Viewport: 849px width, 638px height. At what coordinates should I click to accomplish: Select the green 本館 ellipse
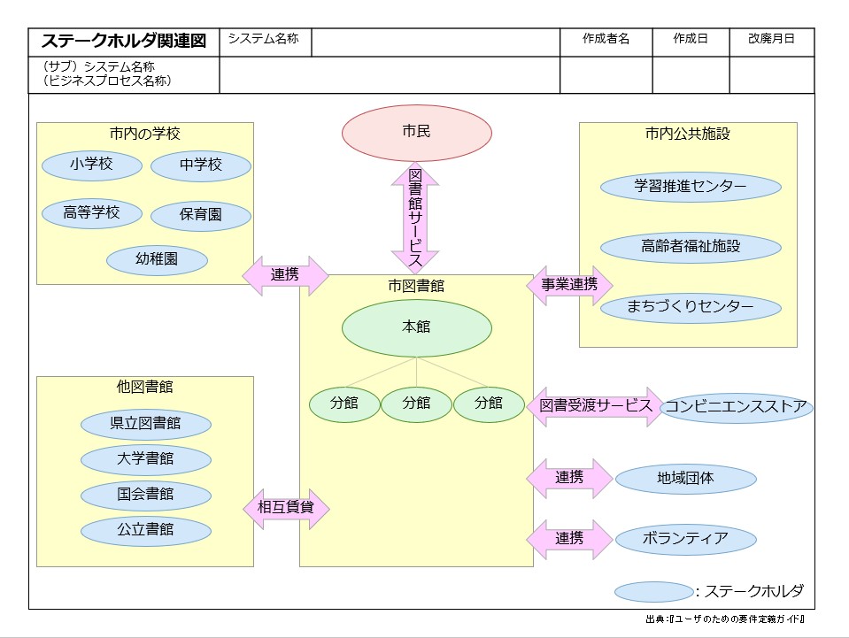pyautogui.click(x=416, y=327)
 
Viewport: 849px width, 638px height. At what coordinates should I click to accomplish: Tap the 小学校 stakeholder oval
pyautogui.click(x=92, y=165)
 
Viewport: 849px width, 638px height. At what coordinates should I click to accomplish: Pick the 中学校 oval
pyautogui.click(x=201, y=165)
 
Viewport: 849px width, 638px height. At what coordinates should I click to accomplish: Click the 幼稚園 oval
pyautogui.click(x=158, y=260)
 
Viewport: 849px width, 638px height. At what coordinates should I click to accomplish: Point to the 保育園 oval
pyautogui.click(x=201, y=215)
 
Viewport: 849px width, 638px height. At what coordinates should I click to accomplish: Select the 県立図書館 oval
pyautogui.click(x=146, y=424)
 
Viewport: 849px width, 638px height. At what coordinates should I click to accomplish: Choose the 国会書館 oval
pyautogui.click(x=146, y=495)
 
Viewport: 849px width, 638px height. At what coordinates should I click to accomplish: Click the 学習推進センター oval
pyautogui.click(x=691, y=187)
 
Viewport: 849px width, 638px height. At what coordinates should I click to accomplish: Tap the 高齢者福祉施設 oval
pyautogui.click(x=691, y=247)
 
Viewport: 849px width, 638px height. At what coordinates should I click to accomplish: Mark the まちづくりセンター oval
pyautogui.click(x=691, y=307)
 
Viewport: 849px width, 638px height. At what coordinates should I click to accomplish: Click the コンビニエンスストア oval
pyautogui.click(x=737, y=407)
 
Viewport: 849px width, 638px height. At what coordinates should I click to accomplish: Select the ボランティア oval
pyautogui.click(x=685, y=538)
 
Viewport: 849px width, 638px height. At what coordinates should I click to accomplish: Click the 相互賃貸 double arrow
pyautogui.click(x=286, y=509)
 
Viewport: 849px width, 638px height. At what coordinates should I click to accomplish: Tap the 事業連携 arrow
pyautogui.click(x=569, y=285)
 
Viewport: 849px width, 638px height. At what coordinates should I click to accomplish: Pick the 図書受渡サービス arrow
pyautogui.click(x=596, y=406)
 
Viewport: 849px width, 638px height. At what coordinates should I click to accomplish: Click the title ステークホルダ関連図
pyautogui.click(x=124, y=42)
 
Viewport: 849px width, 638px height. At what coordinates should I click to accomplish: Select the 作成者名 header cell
pyautogui.click(x=606, y=40)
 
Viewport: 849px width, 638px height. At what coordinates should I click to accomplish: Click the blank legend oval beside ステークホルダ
pyautogui.click(x=653, y=592)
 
